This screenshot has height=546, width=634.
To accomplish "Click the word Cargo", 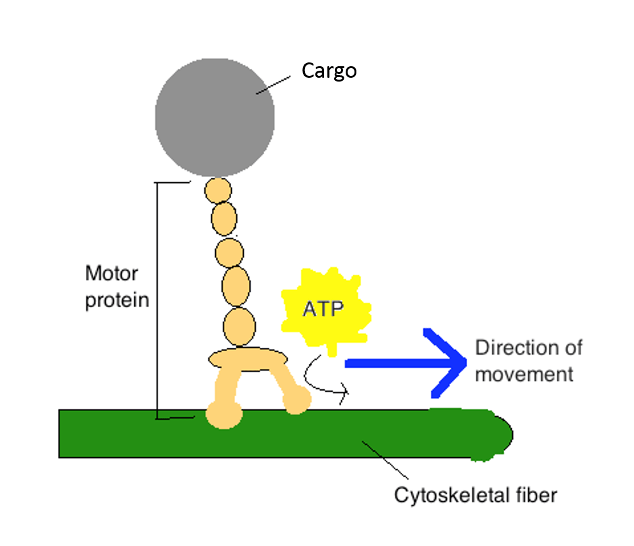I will [328, 70].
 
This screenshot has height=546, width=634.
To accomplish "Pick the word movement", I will [524, 374].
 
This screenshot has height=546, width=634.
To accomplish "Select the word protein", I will [116, 299].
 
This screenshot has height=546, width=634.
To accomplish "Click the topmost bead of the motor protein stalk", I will [218, 190].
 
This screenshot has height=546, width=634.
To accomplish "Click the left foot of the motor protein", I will [223, 415].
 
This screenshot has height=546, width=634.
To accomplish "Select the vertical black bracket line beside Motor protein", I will [157, 299].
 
